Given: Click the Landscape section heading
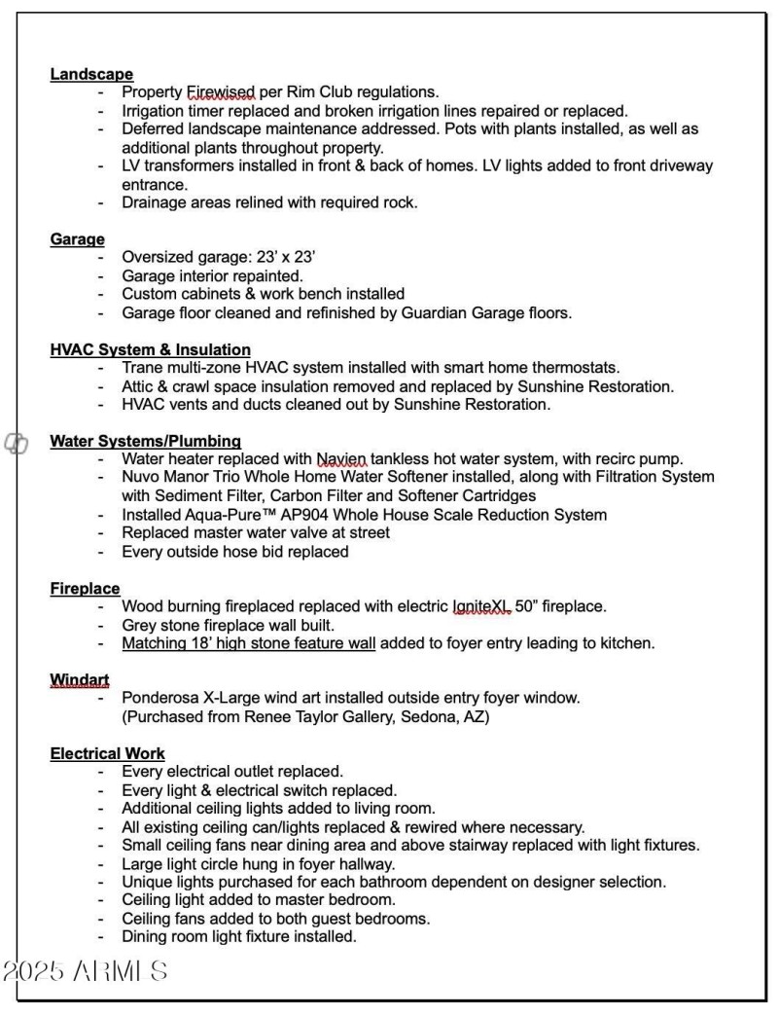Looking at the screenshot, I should pyautogui.click(x=91, y=75).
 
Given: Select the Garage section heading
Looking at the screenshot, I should pyautogui.click(x=78, y=239).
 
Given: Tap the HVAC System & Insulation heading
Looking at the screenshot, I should pyautogui.click(x=151, y=350).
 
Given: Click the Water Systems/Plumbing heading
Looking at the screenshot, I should pyautogui.click(x=146, y=442).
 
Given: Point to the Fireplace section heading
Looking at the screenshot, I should pyautogui.click(x=86, y=589).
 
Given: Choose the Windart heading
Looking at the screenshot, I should pyautogui.click(x=81, y=680).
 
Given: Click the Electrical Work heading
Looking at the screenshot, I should pyautogui.click(x=108, y=754).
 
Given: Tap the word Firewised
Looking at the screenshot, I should pyautogui.click(x=221, y=93).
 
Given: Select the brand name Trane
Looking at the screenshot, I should pyautogui.click(x=143, y=368).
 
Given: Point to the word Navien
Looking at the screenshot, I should pyautogui.click(x=341, y=459).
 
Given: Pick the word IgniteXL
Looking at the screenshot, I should pyautogui.click(x=481, y=607).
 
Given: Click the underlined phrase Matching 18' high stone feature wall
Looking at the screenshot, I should pyautogui.click(x=248, y=643).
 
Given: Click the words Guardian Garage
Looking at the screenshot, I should pyautogui.click(x=434, y=313).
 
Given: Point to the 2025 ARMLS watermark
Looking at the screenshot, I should pyautogui.click(x=86, y=971).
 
